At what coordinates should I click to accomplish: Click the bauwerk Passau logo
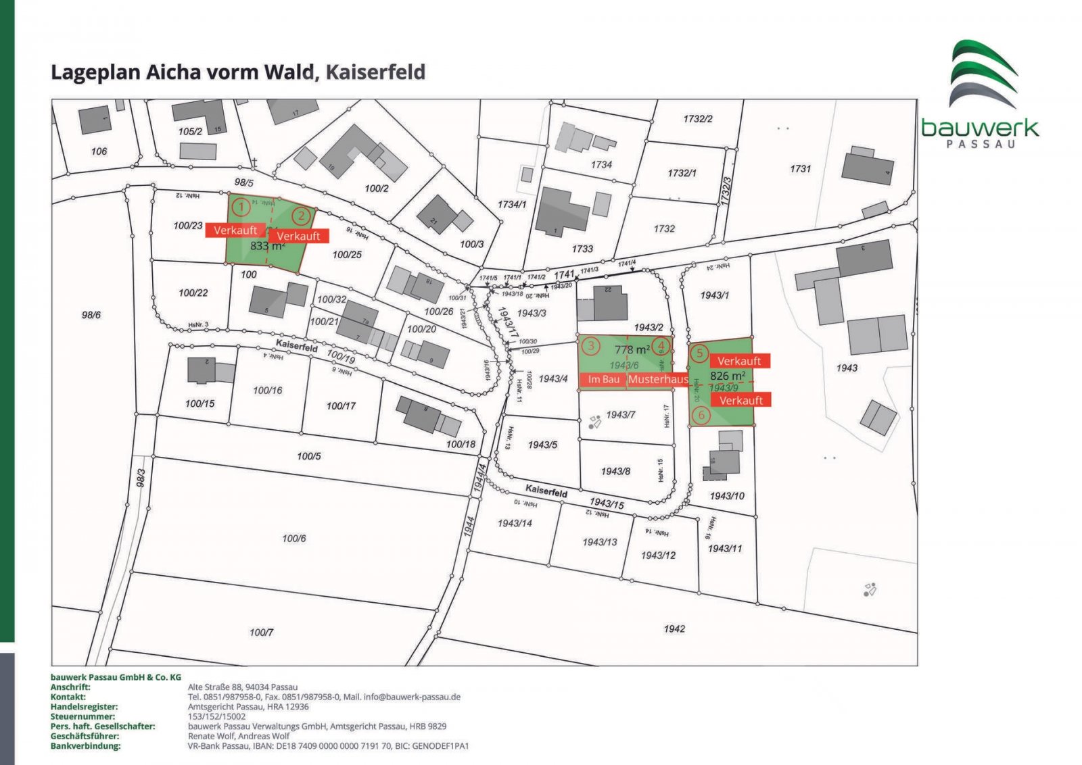click(980, 94)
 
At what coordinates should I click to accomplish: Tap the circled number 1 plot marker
click(239, 206)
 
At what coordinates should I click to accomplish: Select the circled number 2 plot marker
click(301, 217)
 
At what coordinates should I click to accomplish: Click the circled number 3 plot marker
click(591, 347)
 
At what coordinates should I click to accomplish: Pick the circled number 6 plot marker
click(701, 415)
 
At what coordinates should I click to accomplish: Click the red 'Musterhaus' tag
click(657, 380)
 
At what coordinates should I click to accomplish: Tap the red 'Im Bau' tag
click(603, 380)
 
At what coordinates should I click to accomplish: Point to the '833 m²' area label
click(267, 247)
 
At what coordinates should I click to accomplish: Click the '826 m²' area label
click(728, 376)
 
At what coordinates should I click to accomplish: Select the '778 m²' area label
click(632, 350)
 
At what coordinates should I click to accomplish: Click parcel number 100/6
click(293, 539)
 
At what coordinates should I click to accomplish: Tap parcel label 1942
click(674, 629)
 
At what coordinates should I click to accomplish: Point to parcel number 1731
click(800, 169)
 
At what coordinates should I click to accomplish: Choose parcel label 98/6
click(91, 315)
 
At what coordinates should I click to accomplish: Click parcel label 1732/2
click(697, 119)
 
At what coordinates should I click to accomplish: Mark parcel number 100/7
click(261, 633)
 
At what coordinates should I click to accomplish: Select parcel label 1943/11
click(724, 549)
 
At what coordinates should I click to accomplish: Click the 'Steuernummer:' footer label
click(83, 716)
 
